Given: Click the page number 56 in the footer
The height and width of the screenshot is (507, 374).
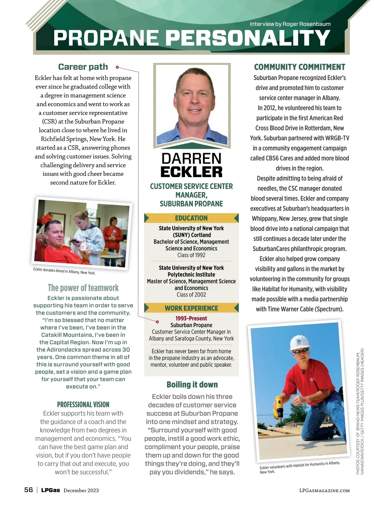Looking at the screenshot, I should pyautogui.click(x=28, y=490).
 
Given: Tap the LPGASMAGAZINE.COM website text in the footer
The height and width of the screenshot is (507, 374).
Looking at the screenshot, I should pyautogui.click(x=324, y=490).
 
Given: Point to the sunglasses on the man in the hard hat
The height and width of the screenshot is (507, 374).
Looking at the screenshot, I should pyautogui.click(x=301, y=351).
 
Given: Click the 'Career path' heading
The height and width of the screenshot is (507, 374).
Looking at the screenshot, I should pyautogui.click(x=83, y=67).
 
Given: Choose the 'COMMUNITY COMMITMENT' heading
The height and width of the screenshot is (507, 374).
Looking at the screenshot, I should pyautogui.click(x=300, y=67).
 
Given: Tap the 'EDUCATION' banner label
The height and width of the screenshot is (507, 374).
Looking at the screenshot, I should pyautogui.click(x=191, y=218).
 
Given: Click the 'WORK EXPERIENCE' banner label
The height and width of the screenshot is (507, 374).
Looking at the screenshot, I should pyautogui.click(x=191, y=308).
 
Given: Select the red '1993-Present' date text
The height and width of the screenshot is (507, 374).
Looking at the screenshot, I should pyautogui.click(x=191, y=318).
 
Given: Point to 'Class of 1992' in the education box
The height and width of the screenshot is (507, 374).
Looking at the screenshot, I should pyautogui.click(x=191, y=255).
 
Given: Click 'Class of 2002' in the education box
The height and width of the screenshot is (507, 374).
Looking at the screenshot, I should pyautogui.click(x=191, y=295).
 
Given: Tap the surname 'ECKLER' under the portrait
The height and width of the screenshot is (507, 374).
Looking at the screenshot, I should pyautogui.click(x=191, y=172).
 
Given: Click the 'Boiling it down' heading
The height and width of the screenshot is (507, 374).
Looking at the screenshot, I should pyautogui.click(x=192, y=384).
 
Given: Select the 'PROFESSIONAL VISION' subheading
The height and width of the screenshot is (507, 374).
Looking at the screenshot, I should pyautogui.click(x=83, y=405).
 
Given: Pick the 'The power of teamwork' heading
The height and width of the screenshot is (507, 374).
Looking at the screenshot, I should pyautogui.click(x=83, y=287).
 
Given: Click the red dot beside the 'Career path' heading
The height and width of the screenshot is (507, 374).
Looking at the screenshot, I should pyautogui.click(x=117, y=67).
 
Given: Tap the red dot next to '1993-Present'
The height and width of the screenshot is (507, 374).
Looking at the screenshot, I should pyautogui.click(x=157, y=322).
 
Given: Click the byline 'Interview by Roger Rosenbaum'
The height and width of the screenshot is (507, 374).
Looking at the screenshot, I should pyautogui.click(x=290, y=24).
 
